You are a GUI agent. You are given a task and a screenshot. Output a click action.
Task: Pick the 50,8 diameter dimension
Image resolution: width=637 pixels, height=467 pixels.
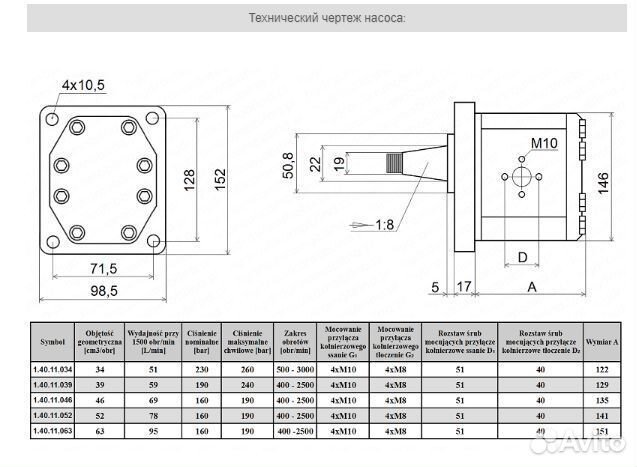pos(288,162)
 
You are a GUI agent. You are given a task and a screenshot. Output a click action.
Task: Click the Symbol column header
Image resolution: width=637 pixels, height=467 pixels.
pos(53,340)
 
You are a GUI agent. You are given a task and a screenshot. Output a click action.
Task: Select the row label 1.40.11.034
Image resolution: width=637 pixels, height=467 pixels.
pos(53,368)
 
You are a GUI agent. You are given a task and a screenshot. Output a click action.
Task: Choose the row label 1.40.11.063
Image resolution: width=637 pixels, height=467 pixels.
pos(53,432)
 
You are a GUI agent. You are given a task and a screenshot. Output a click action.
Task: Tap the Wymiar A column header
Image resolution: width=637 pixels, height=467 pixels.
pos(601,340)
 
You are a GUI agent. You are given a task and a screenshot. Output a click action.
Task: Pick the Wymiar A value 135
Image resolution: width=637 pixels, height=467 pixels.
pos(601,400)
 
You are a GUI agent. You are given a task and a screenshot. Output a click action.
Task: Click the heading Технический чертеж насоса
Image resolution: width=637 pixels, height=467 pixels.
pos(317,18)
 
